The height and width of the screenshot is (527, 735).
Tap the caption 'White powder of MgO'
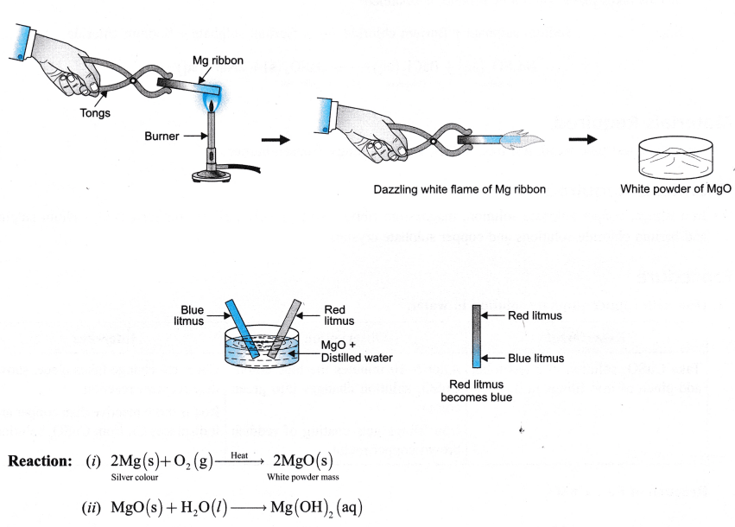[670, 191]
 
